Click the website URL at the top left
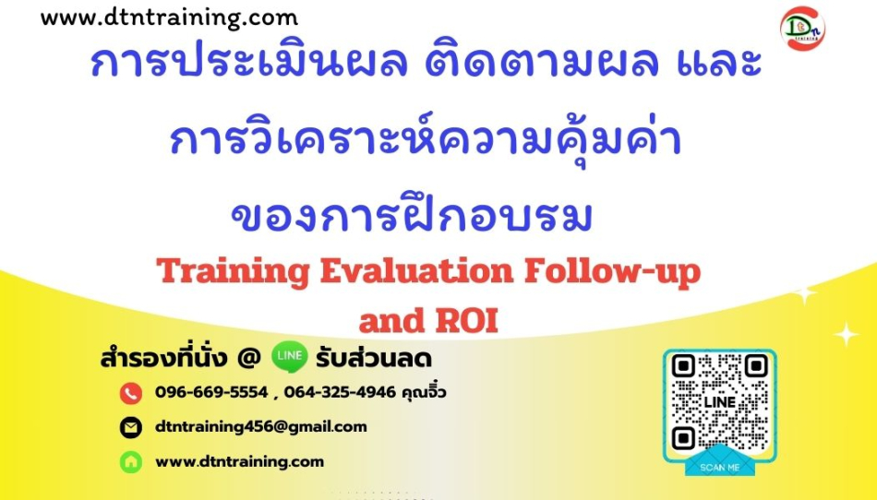pos(169,18)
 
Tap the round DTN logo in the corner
pos(802,29)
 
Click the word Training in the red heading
pos(233,271)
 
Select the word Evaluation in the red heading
pos(416,270)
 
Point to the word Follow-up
pos(612,271)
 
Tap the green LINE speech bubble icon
pos(289,357)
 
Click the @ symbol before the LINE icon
pos(249,358)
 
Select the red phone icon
pos(131,393)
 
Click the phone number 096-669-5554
pos(211,392)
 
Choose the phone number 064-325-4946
pos(340,392)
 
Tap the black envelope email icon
pos(131,428)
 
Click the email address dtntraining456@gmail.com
pos(261,427)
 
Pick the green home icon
pos(131,462)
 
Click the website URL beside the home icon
pos(239,462)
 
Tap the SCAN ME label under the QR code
pos(720,467)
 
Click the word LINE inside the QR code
pos(720,402)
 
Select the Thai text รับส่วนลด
pos(374,359)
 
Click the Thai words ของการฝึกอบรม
pos(412,217)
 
